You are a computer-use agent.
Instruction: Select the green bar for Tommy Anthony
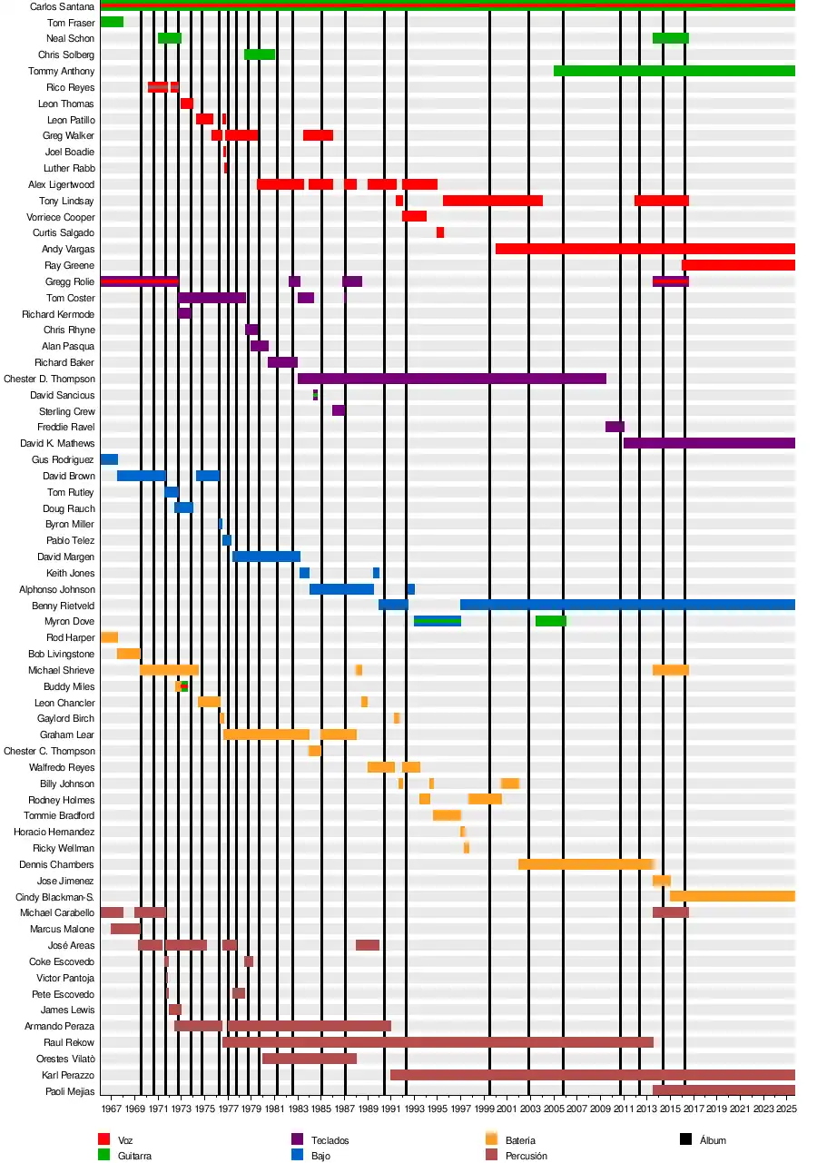(674, 71)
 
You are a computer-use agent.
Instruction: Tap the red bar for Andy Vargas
(645, 249)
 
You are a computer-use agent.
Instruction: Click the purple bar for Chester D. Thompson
(451, 379)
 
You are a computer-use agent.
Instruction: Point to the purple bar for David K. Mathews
(708, 443)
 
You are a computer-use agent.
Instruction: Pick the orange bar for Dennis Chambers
(586, 864)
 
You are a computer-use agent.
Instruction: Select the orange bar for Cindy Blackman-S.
(732, 896)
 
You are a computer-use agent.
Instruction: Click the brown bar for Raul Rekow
(438, 1042)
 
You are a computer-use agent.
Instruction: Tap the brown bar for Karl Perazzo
(592, 1075)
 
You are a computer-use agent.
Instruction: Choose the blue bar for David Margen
(266, 557)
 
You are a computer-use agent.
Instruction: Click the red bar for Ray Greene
(738, 265)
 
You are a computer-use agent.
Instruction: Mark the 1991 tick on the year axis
(390, 1109)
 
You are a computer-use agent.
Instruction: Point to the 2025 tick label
(786, 1109)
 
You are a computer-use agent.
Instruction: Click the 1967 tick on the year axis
(111, 1109)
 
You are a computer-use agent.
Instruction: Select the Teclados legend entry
(330, 1140)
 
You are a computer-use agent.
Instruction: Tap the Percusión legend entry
(526, 1156)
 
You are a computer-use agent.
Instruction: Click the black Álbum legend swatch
(686, 1139)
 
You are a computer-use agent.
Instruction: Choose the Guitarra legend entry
(134, 1156)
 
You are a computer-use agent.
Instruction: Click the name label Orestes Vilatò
(65, 1059)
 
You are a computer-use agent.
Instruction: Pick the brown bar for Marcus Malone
(125, 929)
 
